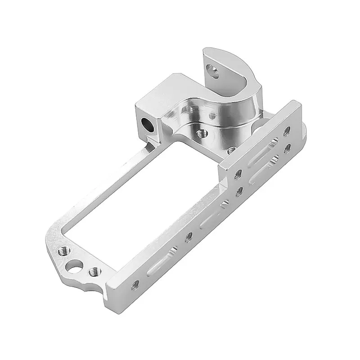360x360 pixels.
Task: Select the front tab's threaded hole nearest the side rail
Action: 94,271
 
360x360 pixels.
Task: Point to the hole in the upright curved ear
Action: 211,69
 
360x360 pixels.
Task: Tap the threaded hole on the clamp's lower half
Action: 202,133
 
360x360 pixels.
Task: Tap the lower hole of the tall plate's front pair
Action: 239,191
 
